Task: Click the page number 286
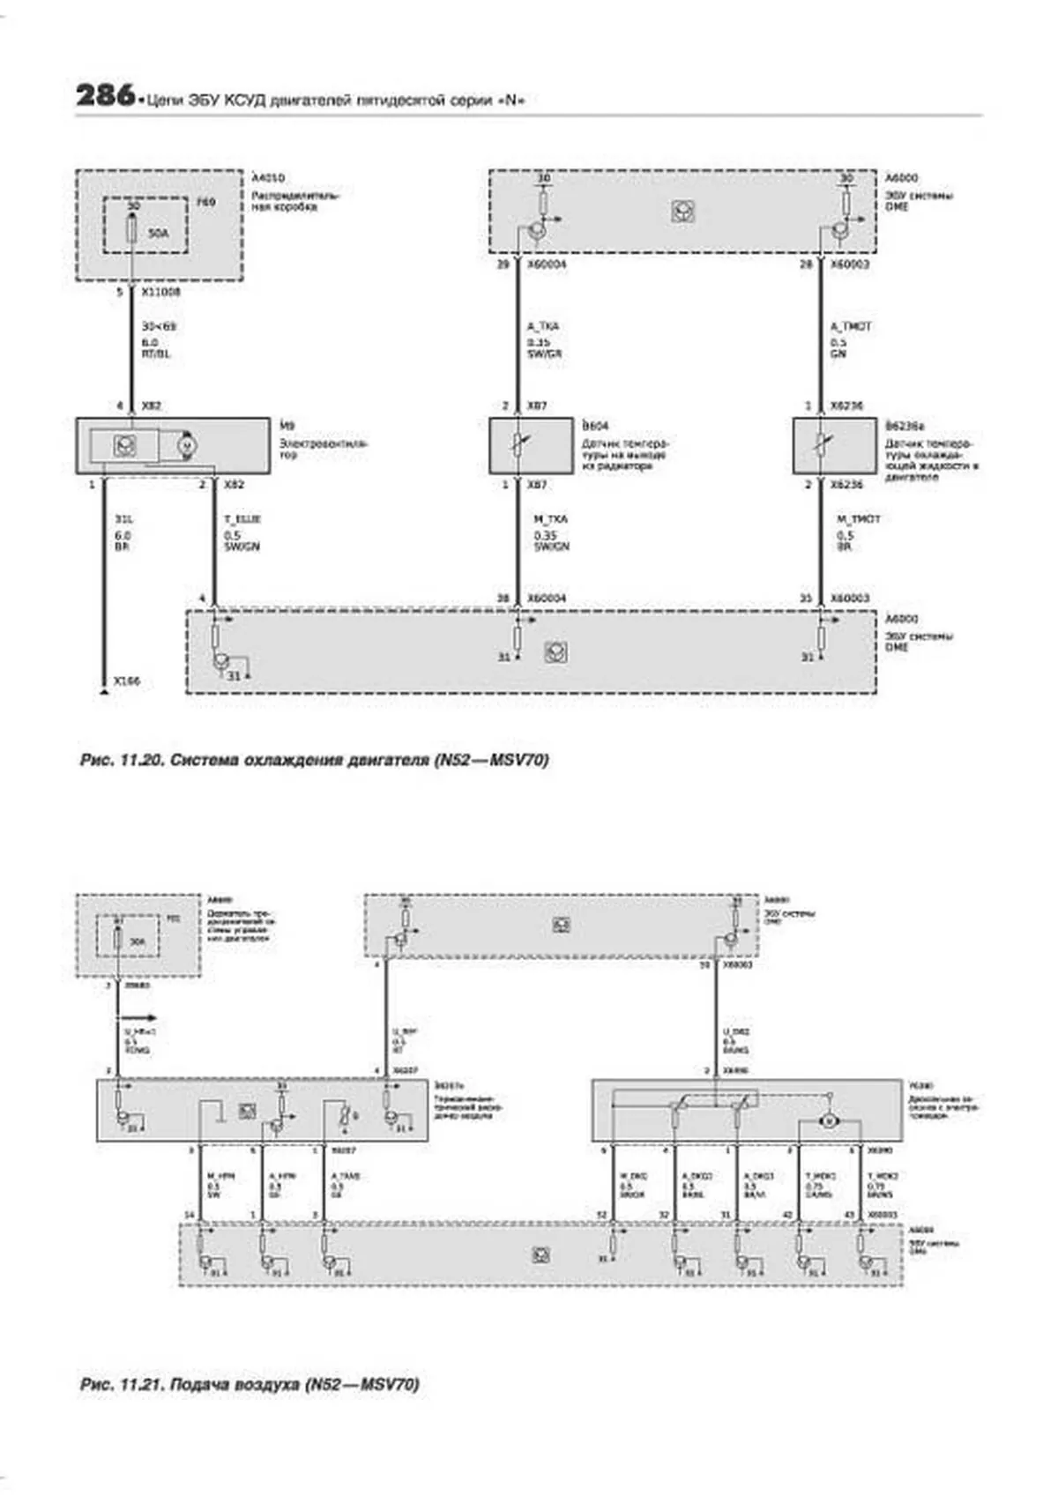pyautogui.click(x=104, y=95)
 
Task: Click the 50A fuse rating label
pyautogui.click(x=158, y=233)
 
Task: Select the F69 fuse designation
pyautogui.click(x=205, y=203)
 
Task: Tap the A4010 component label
pyautogui.click(x=268, y=178)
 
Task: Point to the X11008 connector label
pyautogui.click(x=160, y=292)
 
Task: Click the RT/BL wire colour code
pyautogui.click(x=156, y=354)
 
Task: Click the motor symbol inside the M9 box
pyautogui.click(x=185, y=446)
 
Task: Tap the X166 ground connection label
pyautogui.click(x=127, y=681)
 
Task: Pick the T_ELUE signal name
pyautogui.click(x=242, y=519)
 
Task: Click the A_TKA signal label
pyautogui.click(x=543, y=326)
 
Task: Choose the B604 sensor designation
pyautogui.click(x=595, y=426)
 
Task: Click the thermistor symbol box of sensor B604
pyautogui.click(x=518, y=446)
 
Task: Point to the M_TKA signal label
pyautogui.click(x=550, y=519)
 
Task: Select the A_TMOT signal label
pyautogui.click(x=851, y=326)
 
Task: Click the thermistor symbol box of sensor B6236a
pyautogui.click(x=822, y=446)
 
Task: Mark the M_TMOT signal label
pyautogui.click(x=858, y=519)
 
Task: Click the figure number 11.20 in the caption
pyautogui.click(x=138, y=760)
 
